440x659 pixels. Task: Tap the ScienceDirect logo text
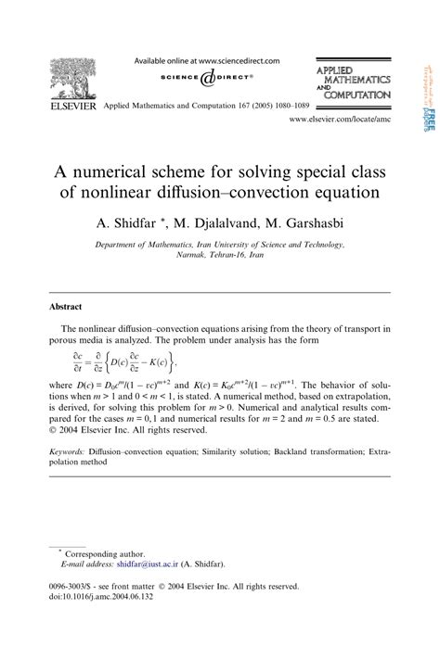[x=206, y=78]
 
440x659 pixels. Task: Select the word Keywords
[x=73, y=451]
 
